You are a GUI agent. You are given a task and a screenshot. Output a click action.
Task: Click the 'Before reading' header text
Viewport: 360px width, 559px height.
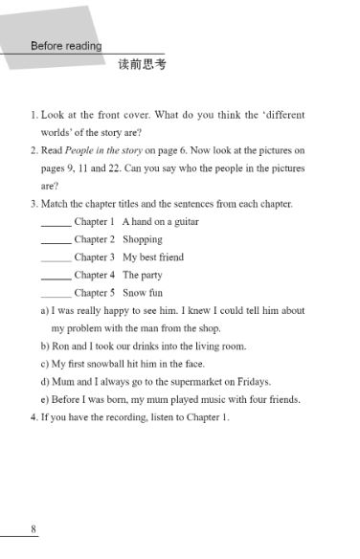(66, 46)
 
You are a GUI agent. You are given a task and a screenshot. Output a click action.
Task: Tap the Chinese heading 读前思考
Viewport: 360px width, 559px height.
(142, 65)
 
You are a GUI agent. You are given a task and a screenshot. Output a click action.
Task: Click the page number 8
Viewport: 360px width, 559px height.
(34, 529)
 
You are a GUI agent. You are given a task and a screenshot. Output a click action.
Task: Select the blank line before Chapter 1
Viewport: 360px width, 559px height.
(56, 223)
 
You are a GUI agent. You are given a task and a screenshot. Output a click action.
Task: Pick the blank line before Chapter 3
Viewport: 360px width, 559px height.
(56, 258)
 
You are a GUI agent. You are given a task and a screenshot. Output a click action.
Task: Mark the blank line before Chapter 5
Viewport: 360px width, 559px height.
(56, 294)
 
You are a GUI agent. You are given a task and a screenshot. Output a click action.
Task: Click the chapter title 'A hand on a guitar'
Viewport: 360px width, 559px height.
(160, 222)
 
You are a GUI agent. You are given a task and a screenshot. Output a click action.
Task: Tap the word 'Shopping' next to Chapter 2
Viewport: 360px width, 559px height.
(143, 239)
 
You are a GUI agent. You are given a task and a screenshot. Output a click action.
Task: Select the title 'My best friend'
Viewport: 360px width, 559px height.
(153, 257)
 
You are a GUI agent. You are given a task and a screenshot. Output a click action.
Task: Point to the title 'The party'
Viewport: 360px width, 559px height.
(144, 275)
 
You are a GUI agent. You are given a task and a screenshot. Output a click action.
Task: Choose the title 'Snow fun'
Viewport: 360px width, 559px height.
(143, 293)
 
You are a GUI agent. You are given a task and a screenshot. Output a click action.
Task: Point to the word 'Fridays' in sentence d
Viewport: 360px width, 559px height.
(252, 381)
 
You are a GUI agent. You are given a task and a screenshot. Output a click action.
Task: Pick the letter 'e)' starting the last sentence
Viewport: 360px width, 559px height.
(45, 399)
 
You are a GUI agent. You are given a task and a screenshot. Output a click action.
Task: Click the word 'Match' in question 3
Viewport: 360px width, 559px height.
(56, 204)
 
